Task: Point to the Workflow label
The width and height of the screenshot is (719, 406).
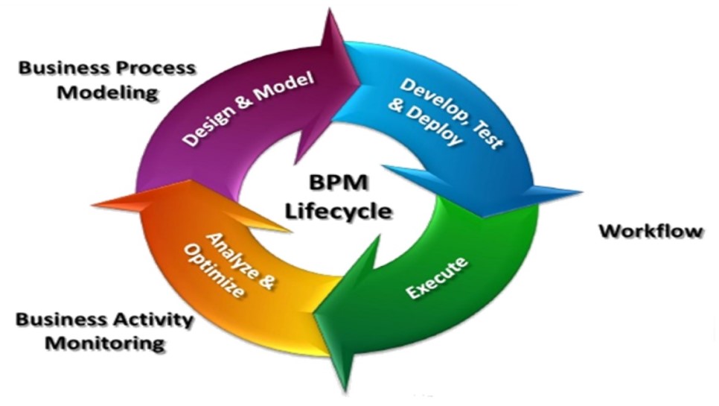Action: [x=651, y=231]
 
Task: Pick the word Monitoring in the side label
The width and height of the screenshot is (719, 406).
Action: [x=104, y=343]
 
